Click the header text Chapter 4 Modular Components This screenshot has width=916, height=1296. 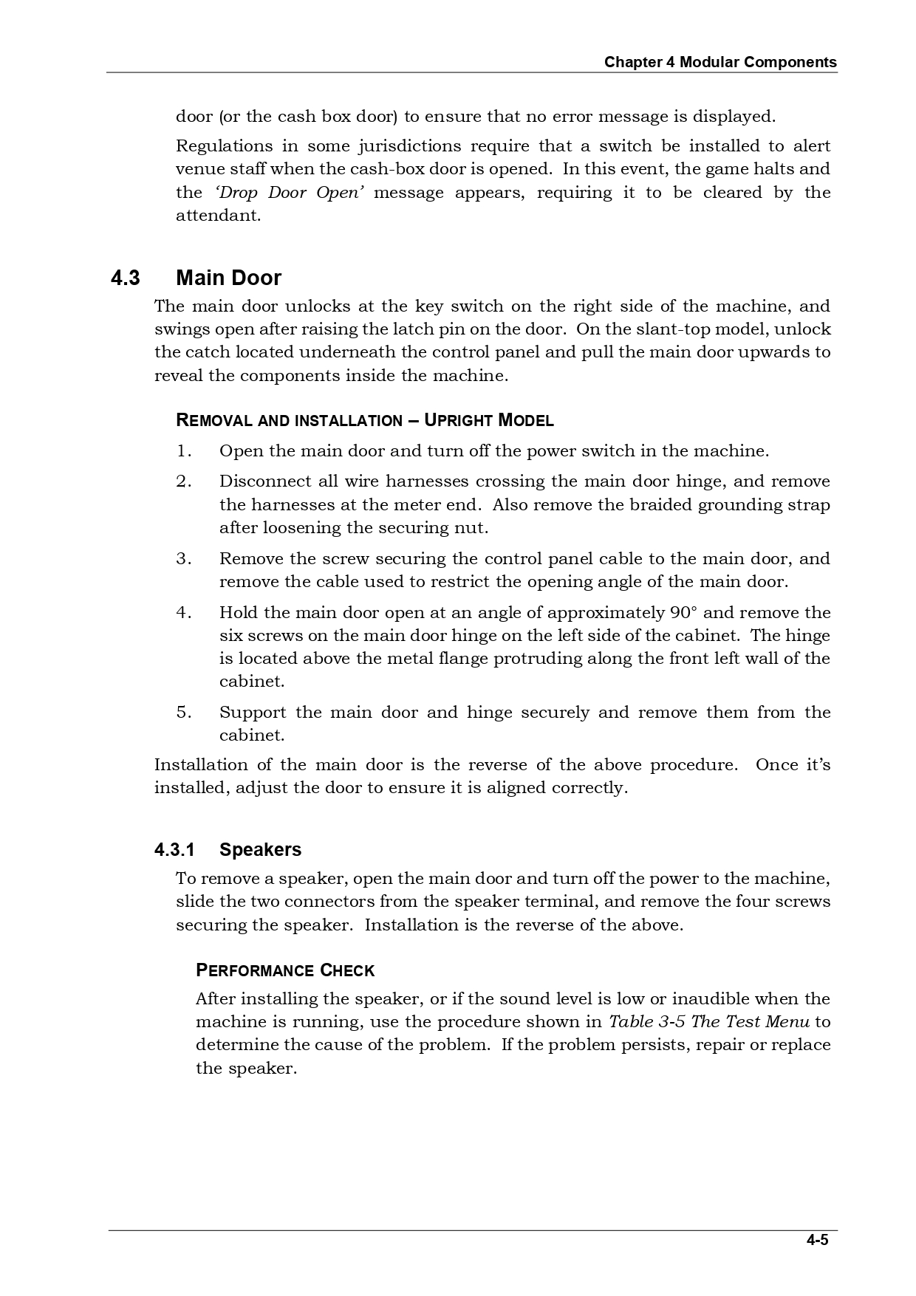(x=720, y=62)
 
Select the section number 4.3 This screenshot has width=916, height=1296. (x=125, y=278)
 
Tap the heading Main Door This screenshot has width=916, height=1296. (x=228, y=278)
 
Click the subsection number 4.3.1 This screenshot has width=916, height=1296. (x=174, y=849)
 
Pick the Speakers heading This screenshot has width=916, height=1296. (x=260, y=849)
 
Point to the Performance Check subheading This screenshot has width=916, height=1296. (x=285, y=970)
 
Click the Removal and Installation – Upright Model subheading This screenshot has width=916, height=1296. (x=365, y=420)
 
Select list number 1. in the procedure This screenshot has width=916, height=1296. (x=183, y=450)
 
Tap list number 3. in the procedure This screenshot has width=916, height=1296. (x=183, y=558)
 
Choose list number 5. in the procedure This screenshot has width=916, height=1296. (x=183, y=712)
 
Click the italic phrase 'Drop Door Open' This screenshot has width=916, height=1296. (x=289, y=192)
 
